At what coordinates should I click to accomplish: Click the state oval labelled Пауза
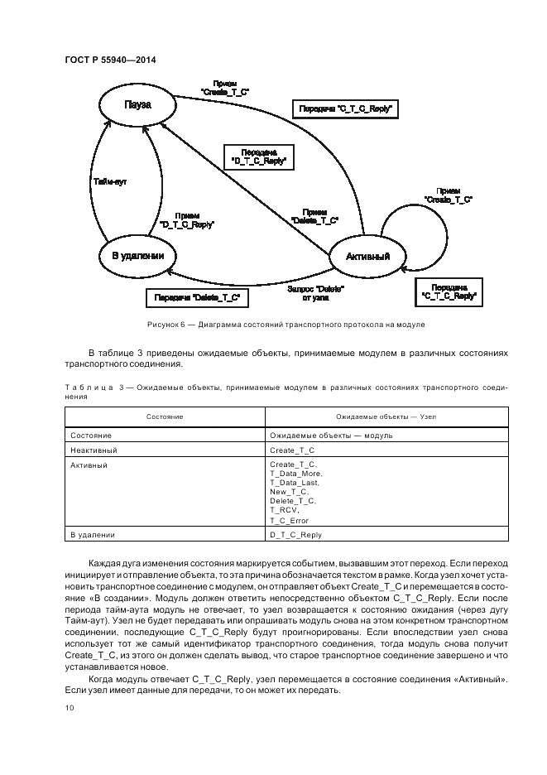(x=137, y=105)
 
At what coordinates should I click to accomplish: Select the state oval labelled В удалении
(x=137, y=256)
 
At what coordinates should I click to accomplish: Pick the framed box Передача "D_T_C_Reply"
(x=259, y=156)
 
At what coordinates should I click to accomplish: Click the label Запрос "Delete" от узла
(x=314, y=292)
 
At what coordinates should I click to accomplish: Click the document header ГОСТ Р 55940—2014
(x=109, y=60)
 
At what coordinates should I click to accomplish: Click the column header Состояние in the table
(x=165, y=416)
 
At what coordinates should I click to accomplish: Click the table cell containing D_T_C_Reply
(x=295, y=535)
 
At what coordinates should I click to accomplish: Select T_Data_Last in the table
(x=294, y=483)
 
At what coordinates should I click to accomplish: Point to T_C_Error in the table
(x=290, y=520)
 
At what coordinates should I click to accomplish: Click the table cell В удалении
(x=93, y=535)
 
